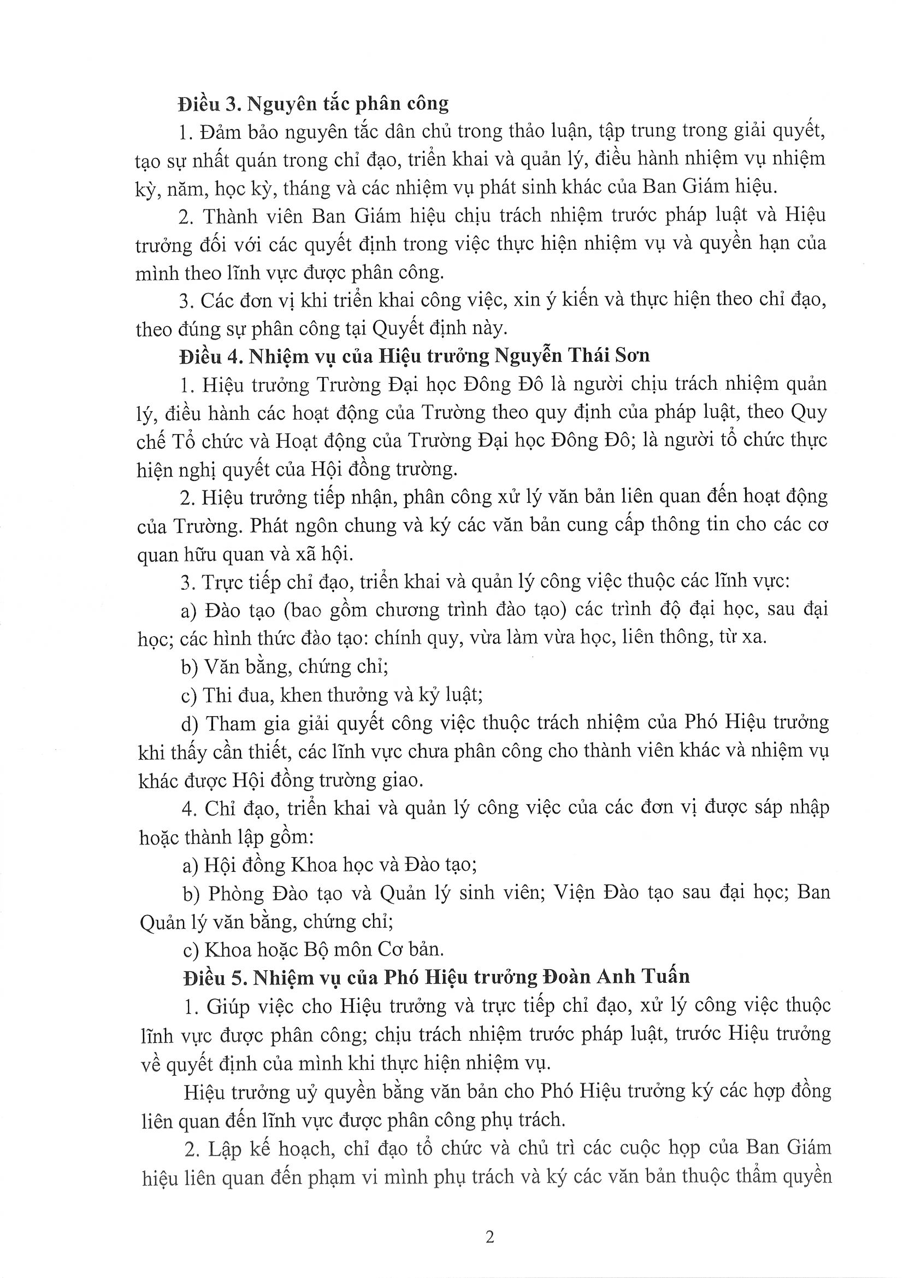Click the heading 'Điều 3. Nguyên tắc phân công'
[313, 103]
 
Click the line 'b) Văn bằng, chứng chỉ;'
[284, 666]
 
